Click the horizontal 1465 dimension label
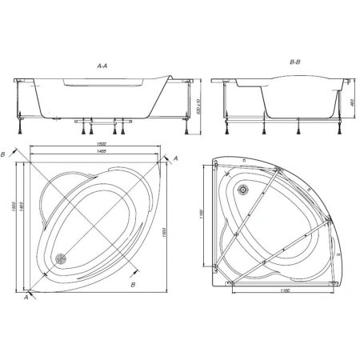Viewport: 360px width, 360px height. click(94, 153)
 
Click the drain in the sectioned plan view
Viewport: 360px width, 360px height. click(62, 258)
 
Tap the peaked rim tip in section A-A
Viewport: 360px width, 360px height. click(170, 78)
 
